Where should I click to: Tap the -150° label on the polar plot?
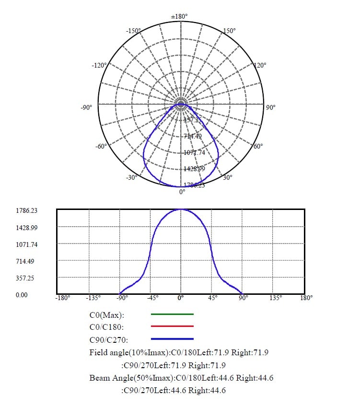click(133, 31)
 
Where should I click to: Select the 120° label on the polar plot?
click(260, 65)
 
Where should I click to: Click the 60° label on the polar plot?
click(257, 146)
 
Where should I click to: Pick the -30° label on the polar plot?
click(131, 177)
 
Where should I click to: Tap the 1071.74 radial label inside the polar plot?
click(194, 152)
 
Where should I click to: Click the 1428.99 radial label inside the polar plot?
click(194, 169)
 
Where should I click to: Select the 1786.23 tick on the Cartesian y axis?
click(26, 210)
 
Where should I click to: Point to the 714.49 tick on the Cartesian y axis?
click(26, 261)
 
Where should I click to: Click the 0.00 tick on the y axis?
click(22, 295)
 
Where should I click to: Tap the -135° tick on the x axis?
click(93, 298)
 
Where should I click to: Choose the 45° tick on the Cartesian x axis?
click(213, 298)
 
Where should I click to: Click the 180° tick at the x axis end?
click(306, 298)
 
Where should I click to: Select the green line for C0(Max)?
click(172, 314)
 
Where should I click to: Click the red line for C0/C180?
click(172, 326)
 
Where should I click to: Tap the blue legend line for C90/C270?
click(172, 338)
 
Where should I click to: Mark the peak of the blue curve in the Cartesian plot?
click(181, 209)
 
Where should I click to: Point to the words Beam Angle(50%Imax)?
click(127, 378)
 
